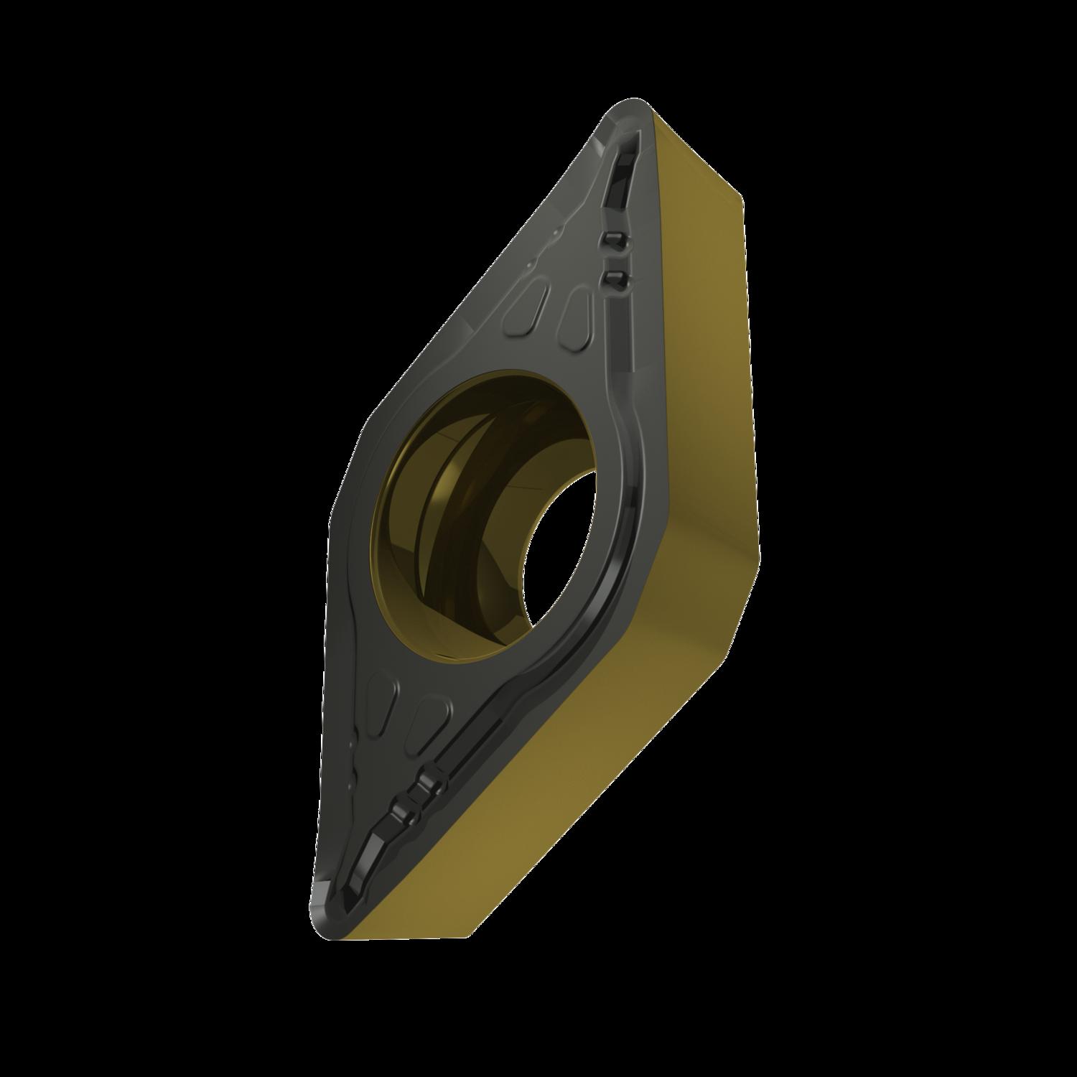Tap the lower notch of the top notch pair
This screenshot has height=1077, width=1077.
(614, 277)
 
